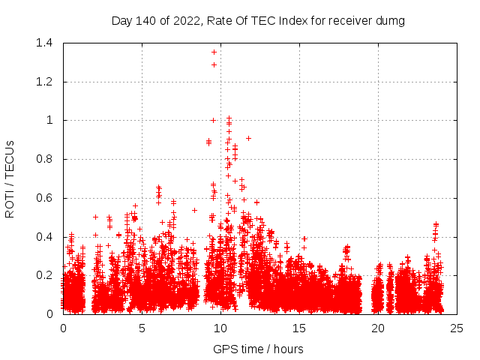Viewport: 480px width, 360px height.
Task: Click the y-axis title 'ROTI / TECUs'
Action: click(10, 178)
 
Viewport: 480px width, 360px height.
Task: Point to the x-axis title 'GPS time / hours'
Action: click(258, 349)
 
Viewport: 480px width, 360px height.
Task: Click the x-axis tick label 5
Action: click(142, 328)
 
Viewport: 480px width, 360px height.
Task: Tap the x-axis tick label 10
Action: click(220, 328)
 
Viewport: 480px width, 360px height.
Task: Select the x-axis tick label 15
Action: click(299, 328)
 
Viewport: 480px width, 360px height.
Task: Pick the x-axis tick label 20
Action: click(378, 328)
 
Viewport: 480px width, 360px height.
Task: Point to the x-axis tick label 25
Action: click(457, 328)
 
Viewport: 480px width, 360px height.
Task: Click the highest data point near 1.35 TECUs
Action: click(214, 52)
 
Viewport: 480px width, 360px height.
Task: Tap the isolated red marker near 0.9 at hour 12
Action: click(248, 138)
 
